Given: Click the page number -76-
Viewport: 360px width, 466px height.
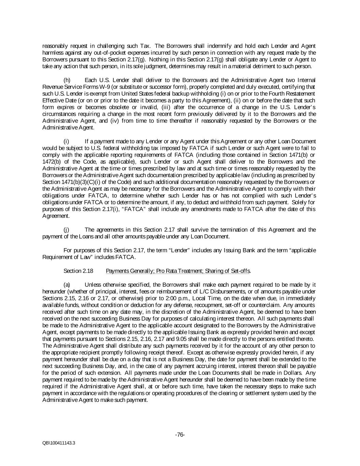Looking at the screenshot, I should tap(180, 435).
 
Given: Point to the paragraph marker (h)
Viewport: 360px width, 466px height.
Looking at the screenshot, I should tap(67, 80).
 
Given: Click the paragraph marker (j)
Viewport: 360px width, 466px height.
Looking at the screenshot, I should tap(67, 230).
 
